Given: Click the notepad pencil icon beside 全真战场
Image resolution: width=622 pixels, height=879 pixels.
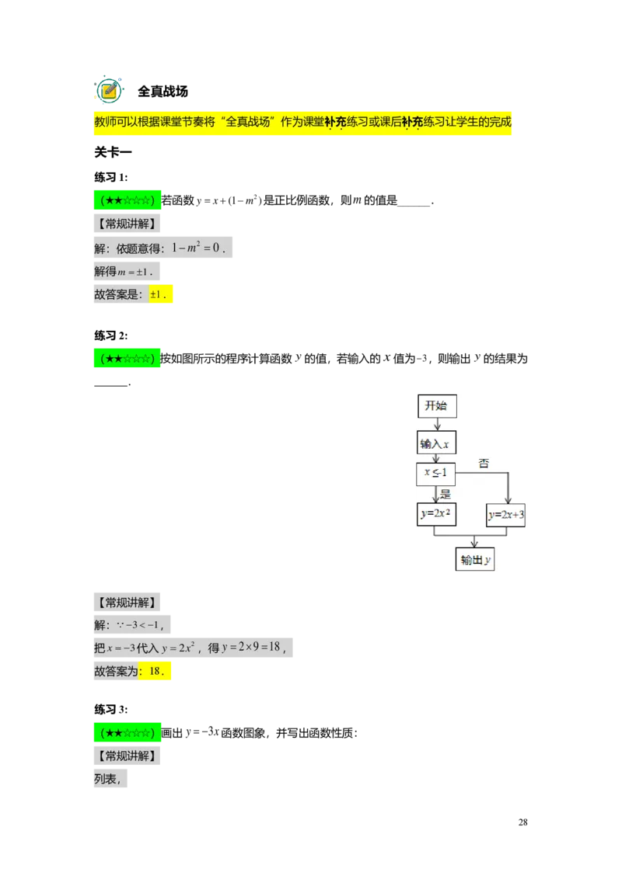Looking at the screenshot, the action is pyautogui.click(x=109, y=90).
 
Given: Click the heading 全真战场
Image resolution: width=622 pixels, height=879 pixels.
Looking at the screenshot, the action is pyautogui.click(x=162, y=92).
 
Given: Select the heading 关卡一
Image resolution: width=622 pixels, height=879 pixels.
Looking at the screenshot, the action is pyautogui.click(x=113, y=152).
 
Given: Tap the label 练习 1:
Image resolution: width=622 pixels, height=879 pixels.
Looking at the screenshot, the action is pyautogui.click(x=111, y=177).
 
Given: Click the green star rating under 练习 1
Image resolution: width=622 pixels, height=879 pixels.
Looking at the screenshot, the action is pyautogui.click(x=128, y=200).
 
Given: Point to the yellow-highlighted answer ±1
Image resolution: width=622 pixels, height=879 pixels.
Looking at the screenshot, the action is pyautogui.click(x=160, y=294).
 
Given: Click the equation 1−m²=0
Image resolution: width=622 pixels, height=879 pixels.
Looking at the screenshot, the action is pyautogui.click(x=198, y=247).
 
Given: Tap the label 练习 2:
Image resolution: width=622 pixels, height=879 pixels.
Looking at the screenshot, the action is pyautogui.click(x=111, y=335).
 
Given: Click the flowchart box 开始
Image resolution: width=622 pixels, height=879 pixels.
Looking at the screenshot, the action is pyautogui.click(x=437, y=406).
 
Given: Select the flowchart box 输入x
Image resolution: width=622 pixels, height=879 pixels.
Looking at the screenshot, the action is pyautogui.click(x=435, y=443).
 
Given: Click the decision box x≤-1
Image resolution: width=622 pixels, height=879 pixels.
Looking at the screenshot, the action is pyautogui.click(x=435, y=474).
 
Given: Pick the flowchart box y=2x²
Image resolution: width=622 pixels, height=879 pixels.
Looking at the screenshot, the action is pyautogui.click(x=436, y=513).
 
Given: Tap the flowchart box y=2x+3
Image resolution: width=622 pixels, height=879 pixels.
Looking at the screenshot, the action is pyautogui.click(x=506, y=515).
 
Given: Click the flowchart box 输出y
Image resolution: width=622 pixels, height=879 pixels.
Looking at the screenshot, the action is pyautogui.click(x=475, y=559).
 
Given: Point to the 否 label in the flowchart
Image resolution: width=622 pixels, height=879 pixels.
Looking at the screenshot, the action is pyautogui.click(x=484, y=464).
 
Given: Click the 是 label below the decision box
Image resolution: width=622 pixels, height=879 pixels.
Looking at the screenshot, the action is pyautogui.click(x=446, y=494).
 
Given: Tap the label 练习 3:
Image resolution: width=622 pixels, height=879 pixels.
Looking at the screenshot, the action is pyautogui.click(x=111, y=710).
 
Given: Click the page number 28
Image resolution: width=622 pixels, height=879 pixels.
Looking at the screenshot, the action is pyautogui.click(x=522, y=822).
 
